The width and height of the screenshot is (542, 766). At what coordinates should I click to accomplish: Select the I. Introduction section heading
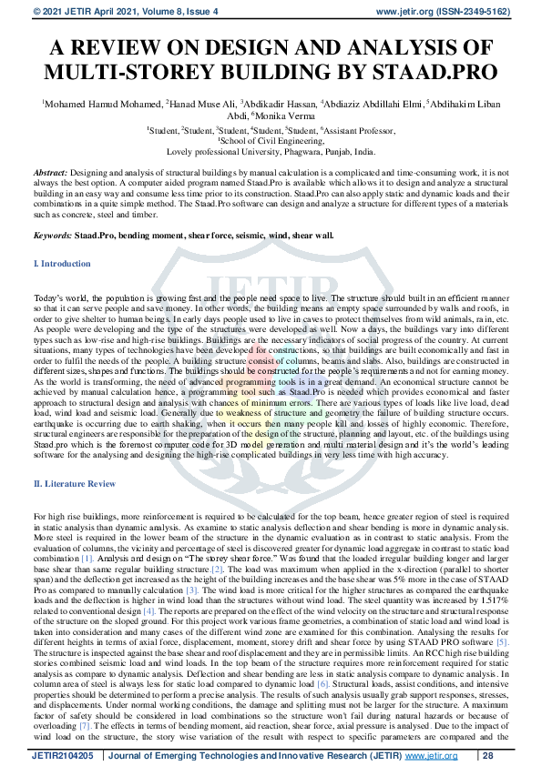tap(61, 264)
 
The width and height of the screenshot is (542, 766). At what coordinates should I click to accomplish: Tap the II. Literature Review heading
tap(74, 483)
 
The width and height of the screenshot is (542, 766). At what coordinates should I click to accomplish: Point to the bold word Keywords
tap(52, 235)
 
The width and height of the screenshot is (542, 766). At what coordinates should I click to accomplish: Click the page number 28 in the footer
tap(488, 755)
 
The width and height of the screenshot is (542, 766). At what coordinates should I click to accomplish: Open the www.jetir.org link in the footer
tap(432, 755)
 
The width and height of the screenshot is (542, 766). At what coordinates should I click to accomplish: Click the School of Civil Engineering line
tap(271, 141)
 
